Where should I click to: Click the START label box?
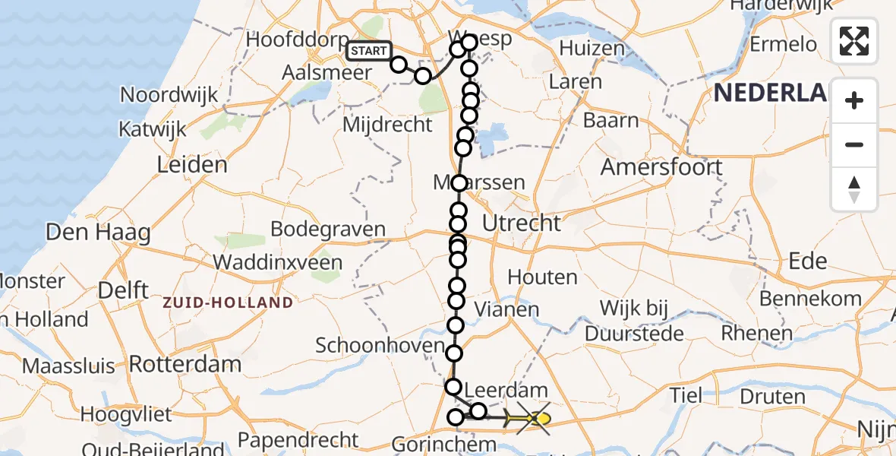[369, 51]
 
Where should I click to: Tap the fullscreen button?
[854, 41]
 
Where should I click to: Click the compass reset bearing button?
[854, 189]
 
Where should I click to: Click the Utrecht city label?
[522, 223]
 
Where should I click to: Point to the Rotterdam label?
[185, 363]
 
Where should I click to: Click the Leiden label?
[191, 164]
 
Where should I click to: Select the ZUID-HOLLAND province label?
[228, 302]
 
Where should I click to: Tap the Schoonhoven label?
[380, 346]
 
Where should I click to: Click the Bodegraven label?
[328, 230]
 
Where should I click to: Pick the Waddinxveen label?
[277, 263]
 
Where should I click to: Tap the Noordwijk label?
[169, 95]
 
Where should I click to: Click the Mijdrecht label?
[387, 125]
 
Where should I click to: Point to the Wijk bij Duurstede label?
[634, 321]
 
